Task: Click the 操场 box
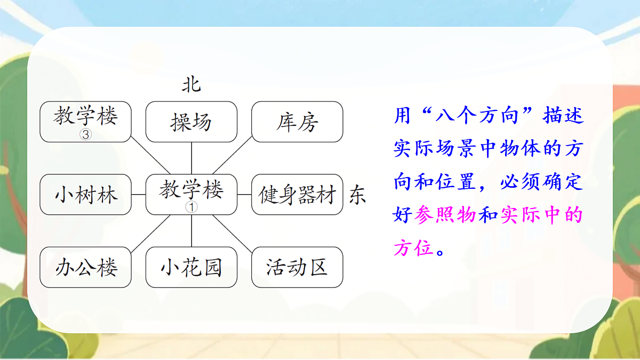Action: tap(191, 122)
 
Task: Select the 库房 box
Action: tap(297, 122)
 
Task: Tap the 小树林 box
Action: tap(86, 195)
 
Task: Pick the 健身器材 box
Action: tap(297, 195)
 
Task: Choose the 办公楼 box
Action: tap(86, 267)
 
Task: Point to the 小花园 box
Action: tap(191, 267)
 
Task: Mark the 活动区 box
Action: tap(297, 267)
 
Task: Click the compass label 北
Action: tap(191, 84)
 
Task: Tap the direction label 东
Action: tap(357, 195)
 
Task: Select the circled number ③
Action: tap(86, 135)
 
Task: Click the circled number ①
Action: tap(191, 207)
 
